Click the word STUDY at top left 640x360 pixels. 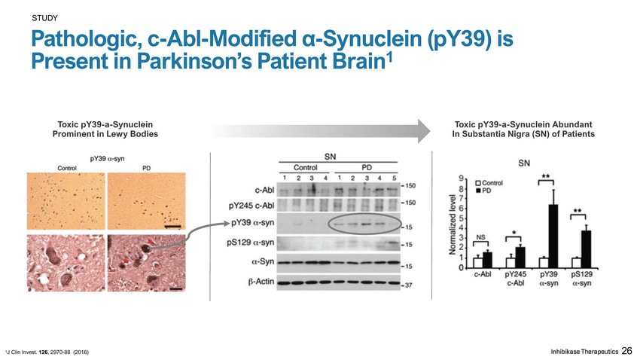(x=44, y=17)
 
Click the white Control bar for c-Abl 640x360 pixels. (x=477, y=262)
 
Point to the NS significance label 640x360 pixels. (x=480, y=236)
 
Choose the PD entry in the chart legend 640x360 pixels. (x=486, y=191)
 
